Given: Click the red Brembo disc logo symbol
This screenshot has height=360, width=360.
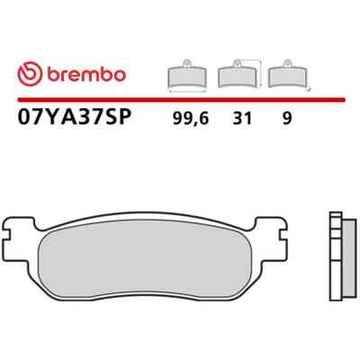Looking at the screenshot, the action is [x=30, y=74].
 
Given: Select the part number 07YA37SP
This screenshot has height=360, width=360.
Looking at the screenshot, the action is [x=75, y=118].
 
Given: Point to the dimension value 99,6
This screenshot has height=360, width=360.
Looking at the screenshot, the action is [x=191, y=119].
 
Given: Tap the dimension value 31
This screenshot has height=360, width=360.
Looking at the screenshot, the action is [x=242, y=119].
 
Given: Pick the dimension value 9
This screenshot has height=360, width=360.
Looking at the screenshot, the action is [x=287, y=119].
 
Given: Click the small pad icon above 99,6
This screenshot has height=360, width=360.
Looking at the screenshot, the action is [x=187, y=74].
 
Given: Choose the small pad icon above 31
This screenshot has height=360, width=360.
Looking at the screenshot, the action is [x=238, y=74].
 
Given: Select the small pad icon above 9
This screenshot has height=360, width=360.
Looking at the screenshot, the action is [x=288, y=74].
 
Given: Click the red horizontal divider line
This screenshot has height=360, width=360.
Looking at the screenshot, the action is [x=182, y=100].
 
